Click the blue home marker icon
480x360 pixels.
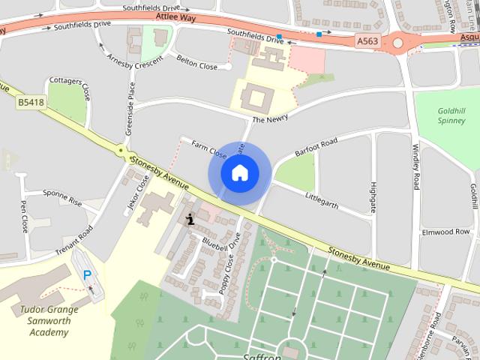click(238, 173)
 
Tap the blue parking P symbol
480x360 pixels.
click(88, 275)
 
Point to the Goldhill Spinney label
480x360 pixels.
click(451, 115)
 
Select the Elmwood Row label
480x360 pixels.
click(445, 232)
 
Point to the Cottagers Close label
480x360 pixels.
click(69, 88)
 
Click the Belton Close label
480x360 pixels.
click(196, 61)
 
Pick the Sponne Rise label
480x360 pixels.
click(62, 197)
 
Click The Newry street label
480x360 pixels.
click(270, 118)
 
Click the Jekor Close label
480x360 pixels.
click(139, 193)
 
